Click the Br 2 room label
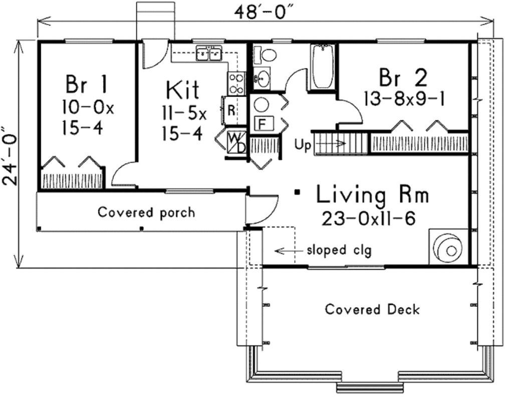tap(403, 78)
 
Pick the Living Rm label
tap(372, 194)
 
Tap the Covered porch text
tap(146, 213)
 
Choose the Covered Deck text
tap(372, 309)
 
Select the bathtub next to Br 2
tap(323, 67)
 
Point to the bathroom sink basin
tap(263, 78)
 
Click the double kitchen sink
tap(209, 53)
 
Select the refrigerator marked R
tap(233, 110)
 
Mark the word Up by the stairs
tap(302, 145)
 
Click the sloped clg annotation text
tap(339, 251)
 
